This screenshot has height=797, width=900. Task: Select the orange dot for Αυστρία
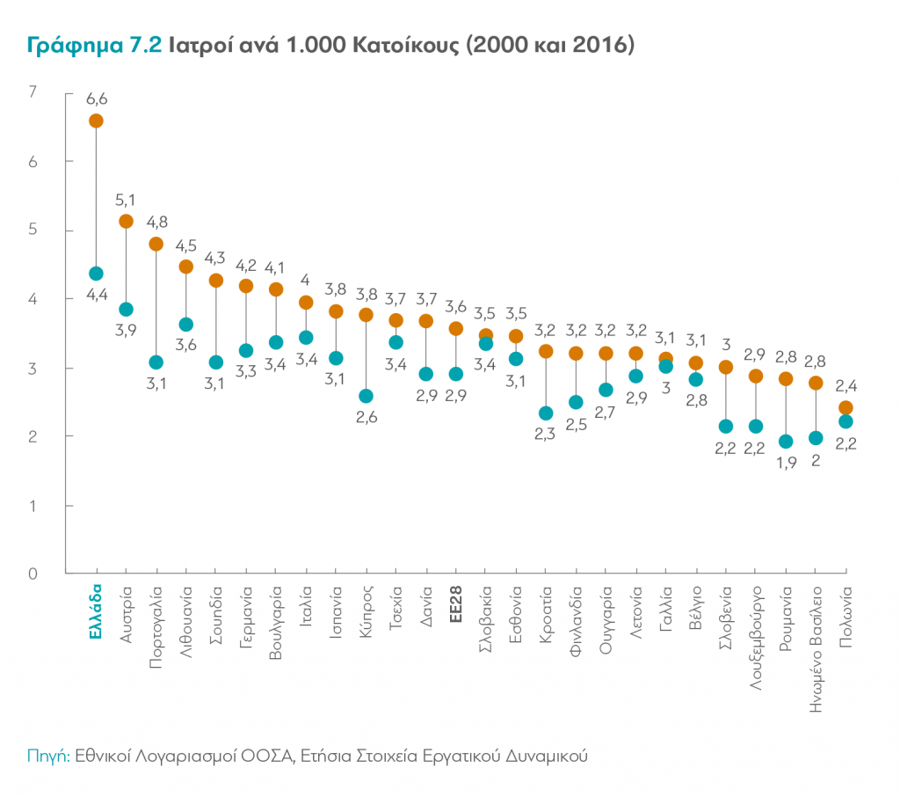(126, 221)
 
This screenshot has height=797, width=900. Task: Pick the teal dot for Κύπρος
(367, 396)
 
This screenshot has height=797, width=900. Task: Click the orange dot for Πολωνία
(846, 407)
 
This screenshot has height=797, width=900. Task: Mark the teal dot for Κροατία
(546, 413)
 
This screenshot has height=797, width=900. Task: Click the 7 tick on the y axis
(33, 92)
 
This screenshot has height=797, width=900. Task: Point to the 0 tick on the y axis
(33, 574)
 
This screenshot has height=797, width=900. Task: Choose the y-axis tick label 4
(33, 299)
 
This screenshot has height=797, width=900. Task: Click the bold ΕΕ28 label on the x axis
(455, 603)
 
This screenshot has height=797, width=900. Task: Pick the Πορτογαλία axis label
(156, 619)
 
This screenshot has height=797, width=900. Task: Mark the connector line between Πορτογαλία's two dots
(156, 303)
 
